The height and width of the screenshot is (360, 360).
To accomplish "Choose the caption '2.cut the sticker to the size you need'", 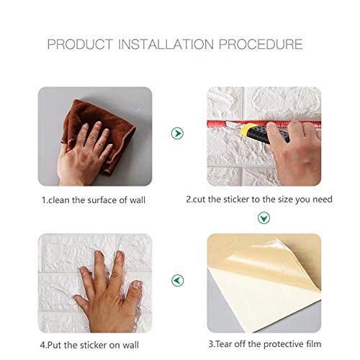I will pos(259,199).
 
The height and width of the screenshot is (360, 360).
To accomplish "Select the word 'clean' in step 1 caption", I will pos(60,199).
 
